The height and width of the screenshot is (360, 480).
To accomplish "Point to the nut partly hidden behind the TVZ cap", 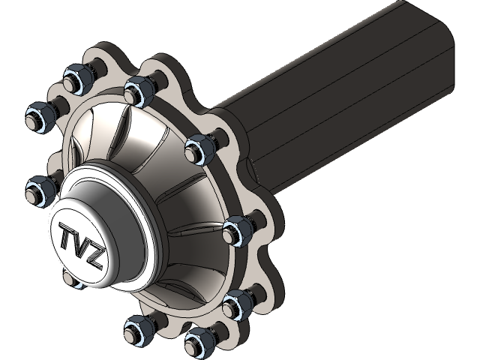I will tap(70, 280).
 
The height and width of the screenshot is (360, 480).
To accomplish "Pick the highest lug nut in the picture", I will tap(76, 77).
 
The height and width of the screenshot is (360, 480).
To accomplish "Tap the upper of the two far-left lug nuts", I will tap(37, 116).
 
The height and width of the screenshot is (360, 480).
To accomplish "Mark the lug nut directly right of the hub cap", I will tap(236, 229).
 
